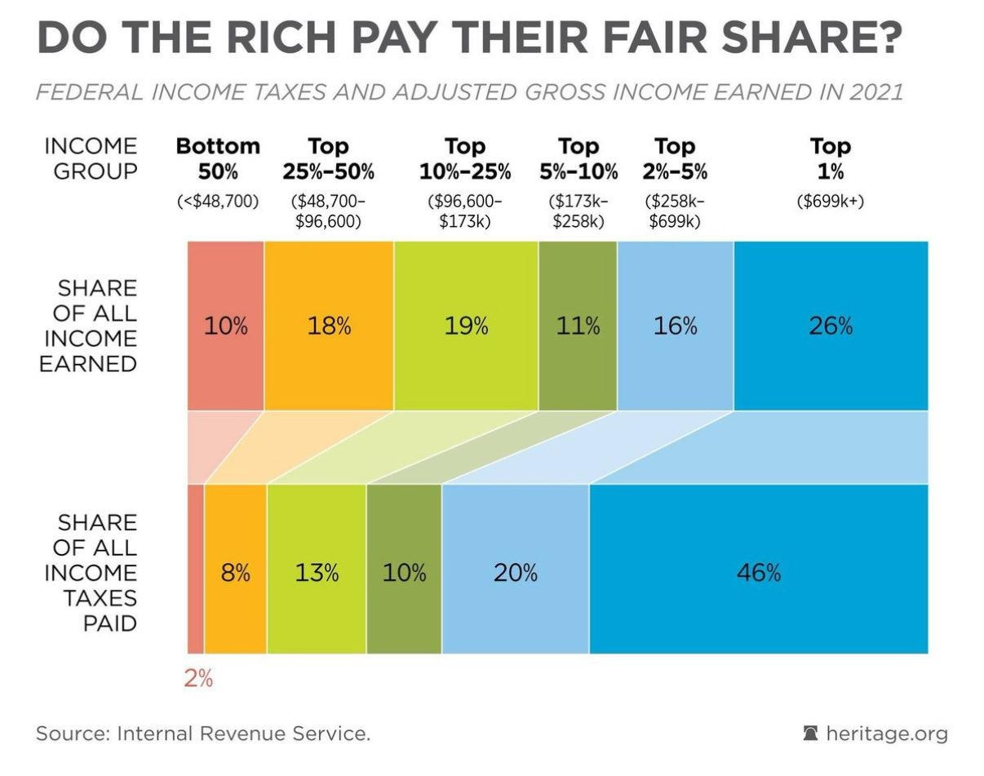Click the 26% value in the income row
pos(831,326)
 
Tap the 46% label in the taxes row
pos(759,573)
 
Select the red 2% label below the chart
pos(198,678)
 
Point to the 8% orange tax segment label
pos(236,573)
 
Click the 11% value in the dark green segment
pos(578,326)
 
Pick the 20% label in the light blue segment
pos(516,573)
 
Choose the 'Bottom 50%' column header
pos(218,158)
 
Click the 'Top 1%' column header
pos(831,158)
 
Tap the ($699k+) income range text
pos(831,202)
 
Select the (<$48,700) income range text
pos(218,202)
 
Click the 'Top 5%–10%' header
pos(578,158)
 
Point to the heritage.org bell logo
pos(810,733)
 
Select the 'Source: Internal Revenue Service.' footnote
pos(203,734)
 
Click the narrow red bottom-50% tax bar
pos(195,569)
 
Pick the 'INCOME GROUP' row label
pos(91,158)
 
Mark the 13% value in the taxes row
pos(317,573)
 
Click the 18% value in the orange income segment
pos(329,326)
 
